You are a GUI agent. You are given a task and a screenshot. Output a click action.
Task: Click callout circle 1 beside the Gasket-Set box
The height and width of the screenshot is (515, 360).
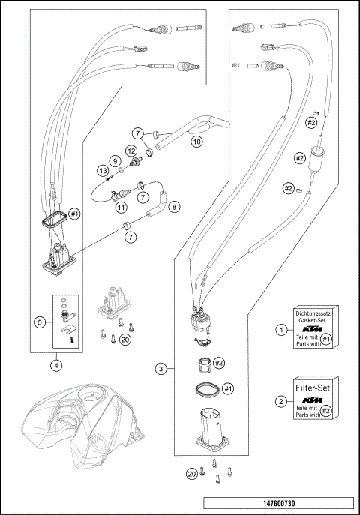(280, 329)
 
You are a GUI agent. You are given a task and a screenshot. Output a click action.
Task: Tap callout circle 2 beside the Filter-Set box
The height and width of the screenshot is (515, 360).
(280, 401)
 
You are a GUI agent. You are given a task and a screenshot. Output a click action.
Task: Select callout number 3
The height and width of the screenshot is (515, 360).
(160, 368)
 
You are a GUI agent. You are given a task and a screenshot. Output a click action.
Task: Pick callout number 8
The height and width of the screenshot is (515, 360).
(174, 205)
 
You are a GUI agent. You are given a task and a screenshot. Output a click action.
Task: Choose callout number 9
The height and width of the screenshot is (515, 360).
(115, 160)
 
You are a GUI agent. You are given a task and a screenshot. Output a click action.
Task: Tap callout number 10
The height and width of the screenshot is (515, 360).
(196, 140)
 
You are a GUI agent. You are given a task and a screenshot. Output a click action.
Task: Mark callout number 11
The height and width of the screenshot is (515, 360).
(121, 208)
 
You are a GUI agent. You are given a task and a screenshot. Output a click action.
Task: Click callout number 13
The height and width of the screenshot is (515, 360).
(102, 171)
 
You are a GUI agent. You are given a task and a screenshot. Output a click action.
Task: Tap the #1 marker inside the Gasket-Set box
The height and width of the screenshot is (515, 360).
(326, 340)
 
